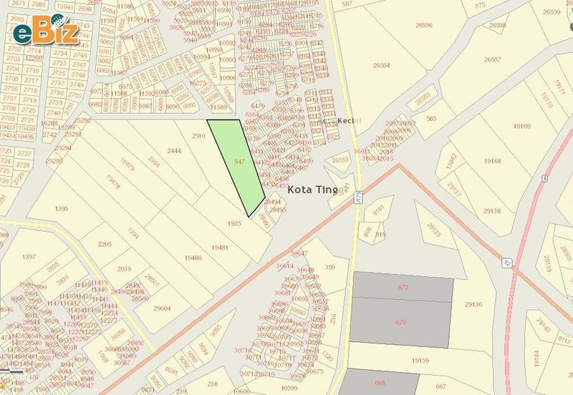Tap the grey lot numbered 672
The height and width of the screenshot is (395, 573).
pos(403,287)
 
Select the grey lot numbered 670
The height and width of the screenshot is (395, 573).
pos(401,322)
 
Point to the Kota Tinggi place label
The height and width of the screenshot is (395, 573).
pos(318,191)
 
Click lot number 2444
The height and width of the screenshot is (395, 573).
pos(174,151)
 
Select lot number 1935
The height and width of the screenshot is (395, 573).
pos(234,223)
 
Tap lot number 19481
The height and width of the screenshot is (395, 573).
pos(220,247)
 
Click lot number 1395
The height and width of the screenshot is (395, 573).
pos(62,208)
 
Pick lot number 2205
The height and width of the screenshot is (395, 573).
pos(105,244)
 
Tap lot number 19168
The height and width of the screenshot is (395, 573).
pos(493,161)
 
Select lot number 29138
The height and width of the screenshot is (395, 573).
pos(491,211)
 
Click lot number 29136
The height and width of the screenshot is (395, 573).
pos(473,304)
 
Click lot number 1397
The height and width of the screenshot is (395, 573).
pos(29,256)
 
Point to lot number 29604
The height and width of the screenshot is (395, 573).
pos(162,308)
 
